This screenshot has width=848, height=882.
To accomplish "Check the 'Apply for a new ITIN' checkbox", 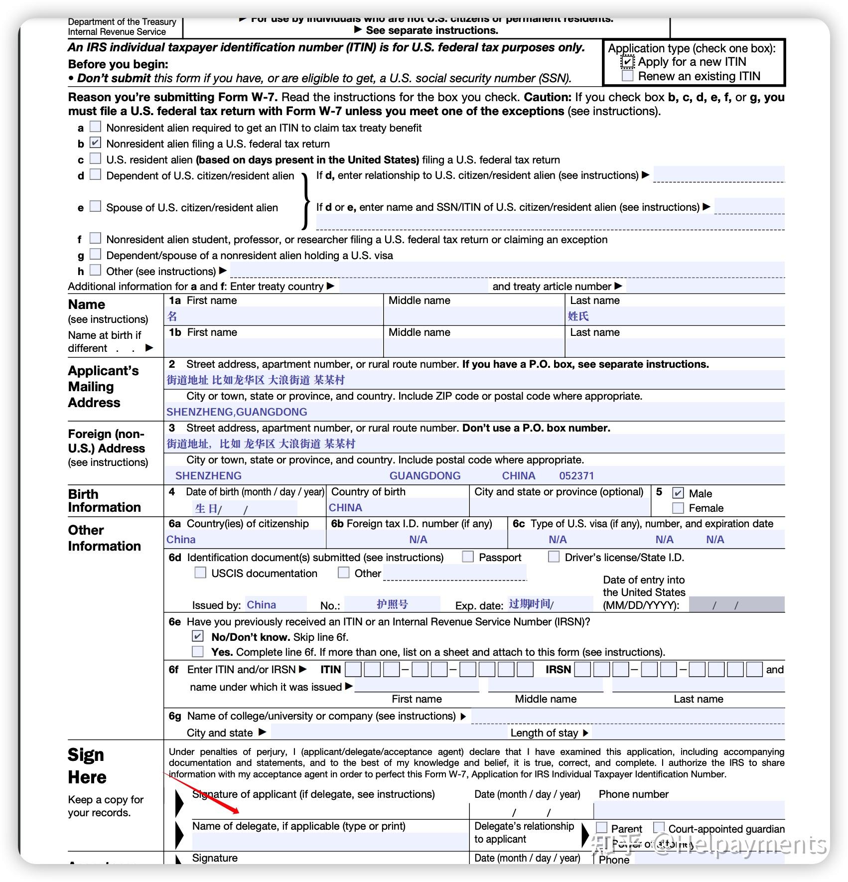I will click(627, 62).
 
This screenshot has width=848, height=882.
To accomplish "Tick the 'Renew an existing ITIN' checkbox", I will click(627, 76).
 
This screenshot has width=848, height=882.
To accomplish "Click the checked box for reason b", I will click(95, 143).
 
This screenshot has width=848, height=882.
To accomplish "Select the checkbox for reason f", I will click(95, 239).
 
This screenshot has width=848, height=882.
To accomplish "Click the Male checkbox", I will click(678, 493).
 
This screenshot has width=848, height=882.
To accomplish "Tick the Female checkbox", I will click(678, 508).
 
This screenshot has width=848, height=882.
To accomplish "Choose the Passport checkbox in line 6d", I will click(468, 557).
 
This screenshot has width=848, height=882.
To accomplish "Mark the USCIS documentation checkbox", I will click(200, 573).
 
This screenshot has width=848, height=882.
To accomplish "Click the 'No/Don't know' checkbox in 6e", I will click(198, 636).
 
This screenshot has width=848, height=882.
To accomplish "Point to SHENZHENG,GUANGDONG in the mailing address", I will click(237, 412).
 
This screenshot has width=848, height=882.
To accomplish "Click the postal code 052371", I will click(576, 476).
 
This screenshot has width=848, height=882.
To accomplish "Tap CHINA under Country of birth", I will click(345, 508).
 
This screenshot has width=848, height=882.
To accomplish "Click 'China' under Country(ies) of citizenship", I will click(181, 540).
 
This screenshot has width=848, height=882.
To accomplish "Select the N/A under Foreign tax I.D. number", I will click(418, 540).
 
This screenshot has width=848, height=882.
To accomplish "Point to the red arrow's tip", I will click(239, 813).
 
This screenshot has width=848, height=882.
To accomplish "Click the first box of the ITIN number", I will click(353, 669).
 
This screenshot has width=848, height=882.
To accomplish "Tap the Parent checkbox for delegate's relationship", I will click(602, 828).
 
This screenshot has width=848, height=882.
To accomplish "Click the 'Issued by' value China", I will click(261, 605).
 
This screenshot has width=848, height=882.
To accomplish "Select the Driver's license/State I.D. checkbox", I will click(554, 557).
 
